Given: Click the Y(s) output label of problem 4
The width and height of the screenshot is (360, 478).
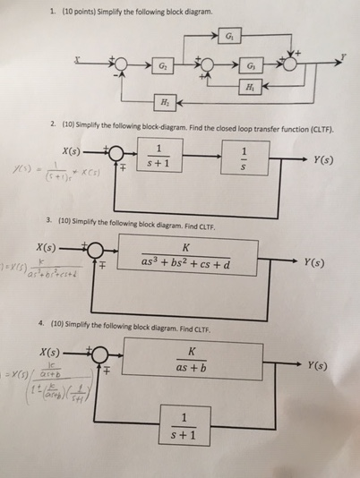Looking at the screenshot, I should [x=317, y=365].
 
